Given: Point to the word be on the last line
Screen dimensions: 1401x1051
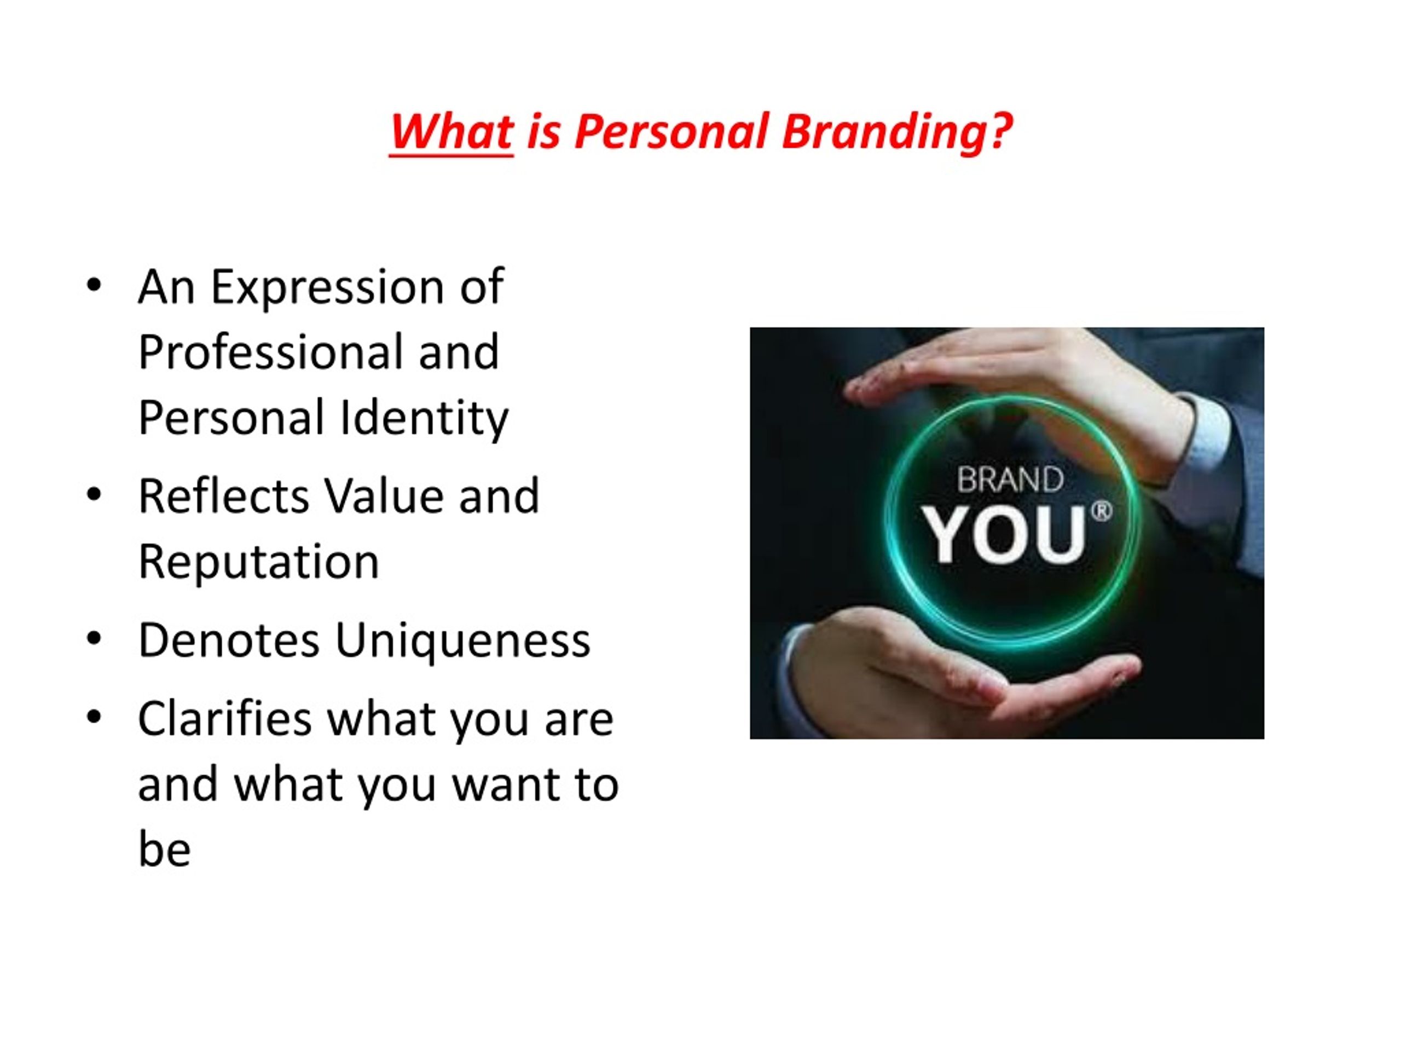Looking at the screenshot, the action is tap(165, 849).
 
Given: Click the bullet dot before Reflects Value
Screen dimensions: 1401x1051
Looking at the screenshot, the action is tap(94, 495).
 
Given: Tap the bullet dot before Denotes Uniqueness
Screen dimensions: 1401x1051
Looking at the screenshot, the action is tap(94, 639).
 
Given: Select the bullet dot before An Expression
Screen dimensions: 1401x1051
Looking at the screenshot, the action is tap(94, 286).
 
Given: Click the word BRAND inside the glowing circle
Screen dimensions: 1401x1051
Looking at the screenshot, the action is tap(1010, 480).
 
